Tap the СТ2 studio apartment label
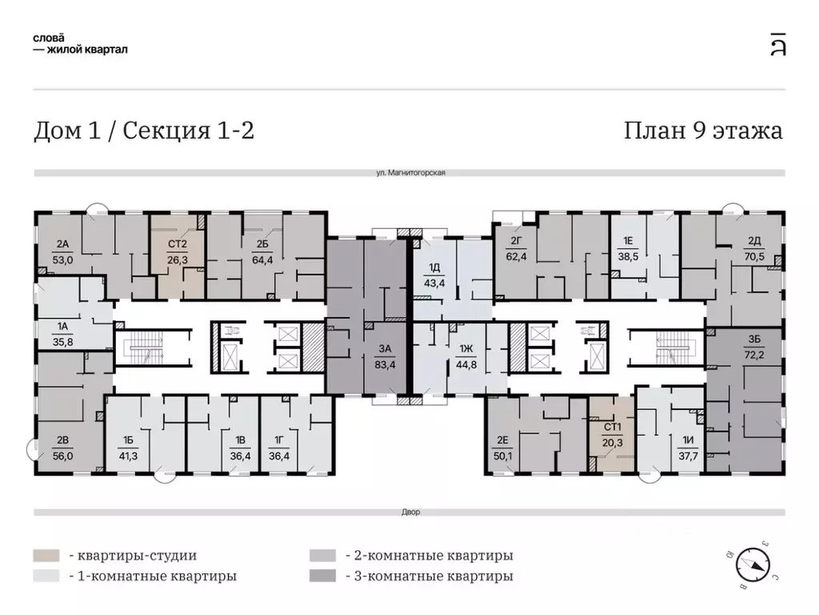(x=177, y=245)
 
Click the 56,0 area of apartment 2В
(x=64, y=451)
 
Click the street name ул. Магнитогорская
(x=409, y=173)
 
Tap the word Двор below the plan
(x=409, y=512)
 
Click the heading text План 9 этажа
(x=703, y=131)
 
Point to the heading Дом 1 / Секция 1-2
(x=144, y=131)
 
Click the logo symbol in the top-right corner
(x=777, y=43)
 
